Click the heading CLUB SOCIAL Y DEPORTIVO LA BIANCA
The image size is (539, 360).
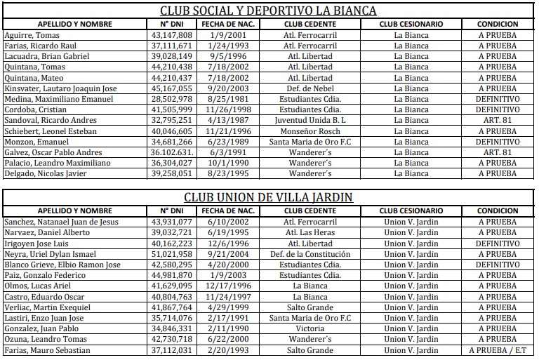tap(269, 11)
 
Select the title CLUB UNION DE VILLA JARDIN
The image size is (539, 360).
tap(269, 197)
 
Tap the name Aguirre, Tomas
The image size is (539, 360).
tap(32, 35)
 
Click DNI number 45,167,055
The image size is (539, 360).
tap(171, 88)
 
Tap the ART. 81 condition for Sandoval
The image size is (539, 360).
tap(498, 120)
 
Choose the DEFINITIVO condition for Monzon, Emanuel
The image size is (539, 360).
tap(498, 142)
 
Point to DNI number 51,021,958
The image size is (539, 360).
tap(171, 254)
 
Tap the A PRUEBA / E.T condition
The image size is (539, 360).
tap(498, 350)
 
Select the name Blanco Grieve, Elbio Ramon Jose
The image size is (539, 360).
tap(62, 265)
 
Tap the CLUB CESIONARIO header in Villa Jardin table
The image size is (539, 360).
tap(411, 211)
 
